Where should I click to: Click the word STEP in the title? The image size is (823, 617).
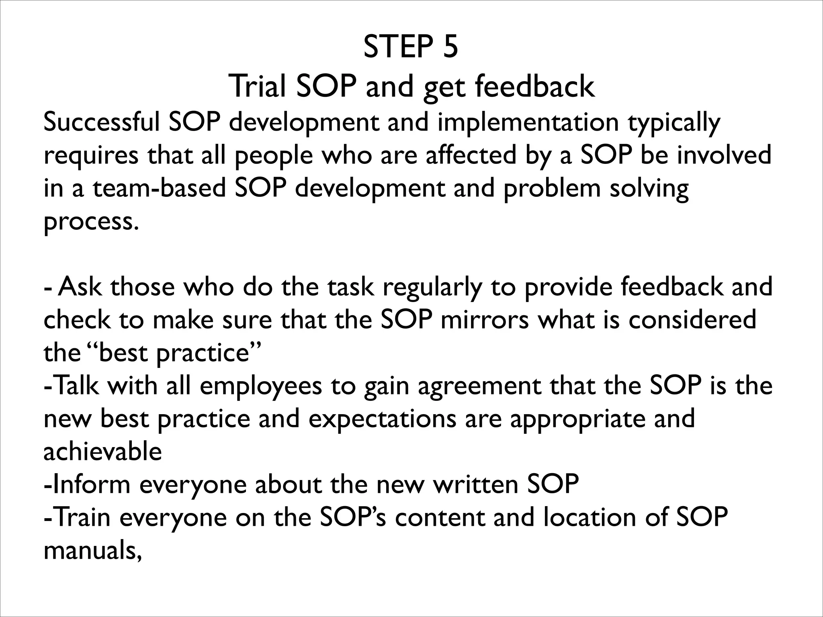395,47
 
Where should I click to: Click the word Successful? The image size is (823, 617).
102,122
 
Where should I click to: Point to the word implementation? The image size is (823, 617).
528,122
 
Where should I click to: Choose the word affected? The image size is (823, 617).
471,155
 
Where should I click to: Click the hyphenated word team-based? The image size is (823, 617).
160,188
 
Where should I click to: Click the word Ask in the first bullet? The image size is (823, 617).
80,287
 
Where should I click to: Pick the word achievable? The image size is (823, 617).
102,452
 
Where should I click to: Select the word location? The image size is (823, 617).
585,517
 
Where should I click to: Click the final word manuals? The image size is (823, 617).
92,550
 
